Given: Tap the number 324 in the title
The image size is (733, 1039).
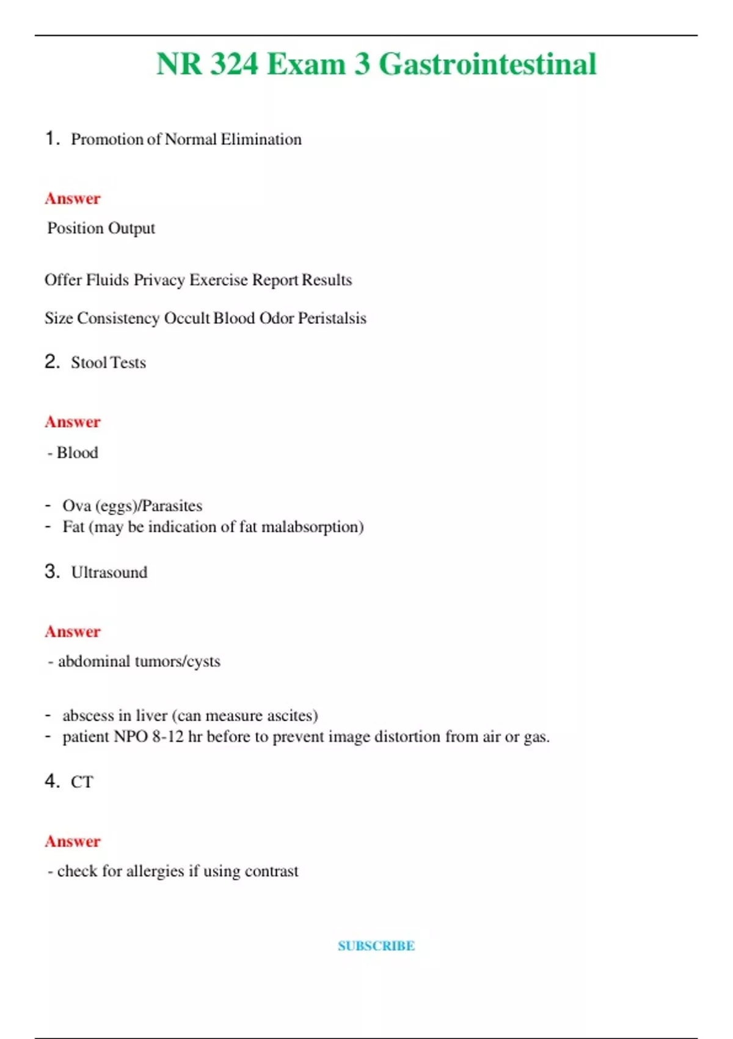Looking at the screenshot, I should pyautogui.click(x=234, y=64).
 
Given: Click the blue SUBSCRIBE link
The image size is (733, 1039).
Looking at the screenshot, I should pyautogui.click(x=376, y=945).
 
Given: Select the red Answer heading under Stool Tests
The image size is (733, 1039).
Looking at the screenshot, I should pyautogui.click(x=72, y=422).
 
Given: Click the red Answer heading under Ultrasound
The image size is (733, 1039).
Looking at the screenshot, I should pyautogui.click(x=72, y=631).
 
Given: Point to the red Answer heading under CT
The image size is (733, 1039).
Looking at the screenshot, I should pyautogui.click(x=72, y=841).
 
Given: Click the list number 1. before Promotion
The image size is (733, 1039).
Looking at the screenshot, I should pyautogui.click(x=52, y=139).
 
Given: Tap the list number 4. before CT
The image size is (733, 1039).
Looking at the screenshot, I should pyautogui.click(x=52, y=781).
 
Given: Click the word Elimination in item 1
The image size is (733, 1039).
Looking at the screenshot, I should pyautogui.click(x=261, y=139).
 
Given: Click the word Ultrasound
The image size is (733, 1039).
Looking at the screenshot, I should pyautogui.click(x=109, y=572).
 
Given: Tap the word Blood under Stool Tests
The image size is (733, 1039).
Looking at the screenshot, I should pyautogui.click(x=78, y=453).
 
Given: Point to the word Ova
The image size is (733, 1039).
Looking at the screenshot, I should pyautogui.click(x=76, y=506).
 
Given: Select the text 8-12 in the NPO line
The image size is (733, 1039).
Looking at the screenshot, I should pyautogui.click(x=167, y=736).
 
